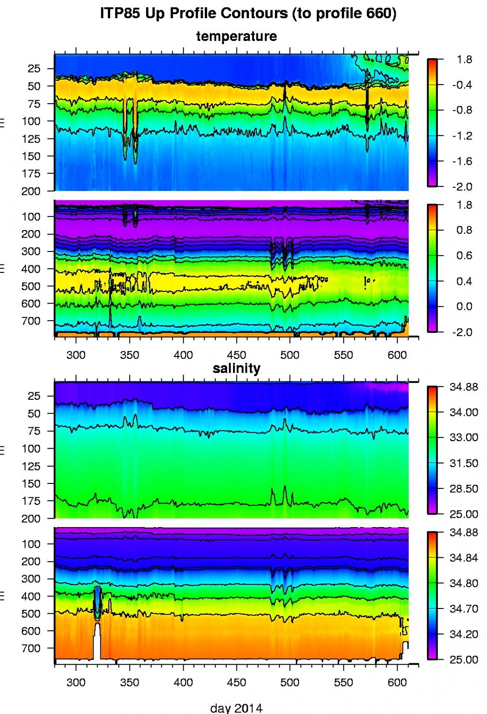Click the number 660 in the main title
pos(378,13)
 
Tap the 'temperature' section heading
pos(236,36)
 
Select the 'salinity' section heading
pos(236,369)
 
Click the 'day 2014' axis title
pos(236,708)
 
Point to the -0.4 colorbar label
pos(462,85)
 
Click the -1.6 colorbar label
pos(462,161)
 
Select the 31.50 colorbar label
pos(464,463)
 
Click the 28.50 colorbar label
pos(464,489)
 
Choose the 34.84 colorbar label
pos(464,558)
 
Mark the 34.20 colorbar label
pos(464,634)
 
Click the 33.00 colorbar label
pos(464,437)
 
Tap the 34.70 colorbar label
pos(464,609)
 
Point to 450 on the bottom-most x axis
pos(236,682)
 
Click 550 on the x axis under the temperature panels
pos(343,355)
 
